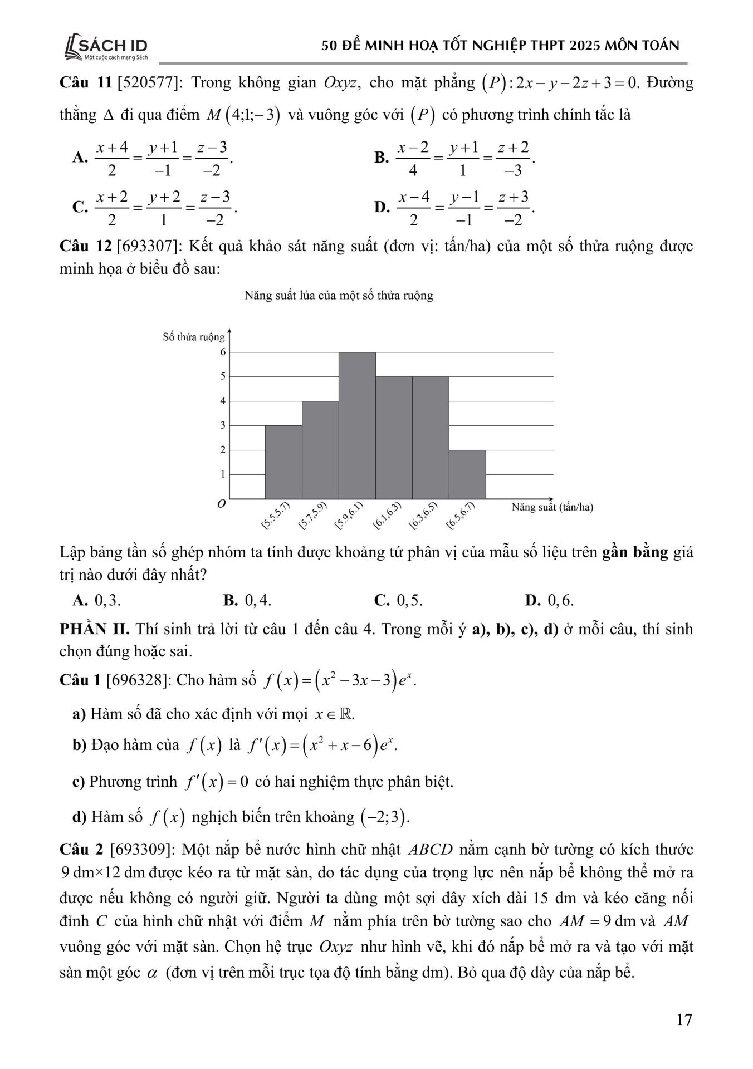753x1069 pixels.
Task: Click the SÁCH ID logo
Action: (106, 47)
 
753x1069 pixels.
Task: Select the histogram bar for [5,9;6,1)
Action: (357, 425)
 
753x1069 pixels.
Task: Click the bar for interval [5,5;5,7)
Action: (283, 462)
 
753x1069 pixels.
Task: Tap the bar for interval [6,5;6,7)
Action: (467, 474)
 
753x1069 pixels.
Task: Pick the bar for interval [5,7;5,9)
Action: (320, 450)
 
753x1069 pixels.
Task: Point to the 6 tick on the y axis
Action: (223, 352)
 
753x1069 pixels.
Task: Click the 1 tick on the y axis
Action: (223, 474)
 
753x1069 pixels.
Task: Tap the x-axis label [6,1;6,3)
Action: (387, 515)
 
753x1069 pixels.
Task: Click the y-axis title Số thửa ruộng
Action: (193, 337)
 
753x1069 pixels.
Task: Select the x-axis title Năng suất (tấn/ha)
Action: (552, 507)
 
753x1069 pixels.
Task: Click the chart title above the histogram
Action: (339, 296)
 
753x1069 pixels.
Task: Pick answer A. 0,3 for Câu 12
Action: (97, 600)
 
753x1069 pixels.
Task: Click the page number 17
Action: (684, 1019)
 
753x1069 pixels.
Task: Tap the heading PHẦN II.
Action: (94, 629)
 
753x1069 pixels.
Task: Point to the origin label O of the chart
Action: (222, 504)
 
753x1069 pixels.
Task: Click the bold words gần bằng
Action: (635, 552)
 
